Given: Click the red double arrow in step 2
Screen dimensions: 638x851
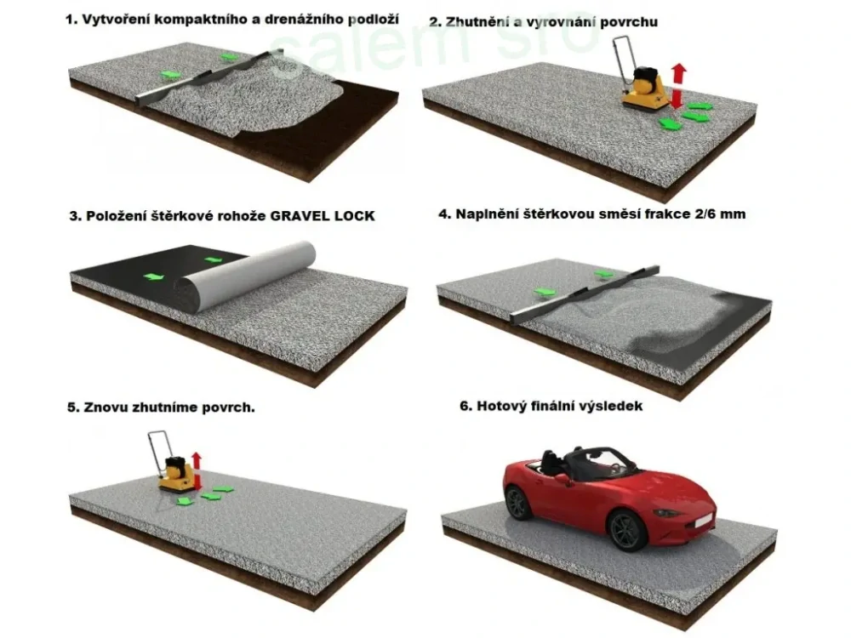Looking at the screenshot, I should pos(678,85).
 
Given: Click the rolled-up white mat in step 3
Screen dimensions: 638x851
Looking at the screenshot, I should pos(247,271).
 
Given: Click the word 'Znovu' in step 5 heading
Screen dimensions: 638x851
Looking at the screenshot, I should pos(106,407).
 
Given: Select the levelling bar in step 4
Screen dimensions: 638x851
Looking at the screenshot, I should pos(587,289).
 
